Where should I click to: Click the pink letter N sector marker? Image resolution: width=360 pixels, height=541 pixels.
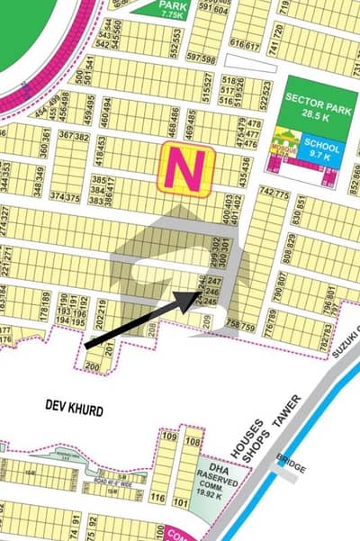click(x=185, y=168)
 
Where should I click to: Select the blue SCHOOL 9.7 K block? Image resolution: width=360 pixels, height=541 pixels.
click(x=321, y=149)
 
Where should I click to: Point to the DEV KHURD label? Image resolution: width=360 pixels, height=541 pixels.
click(x=74, y=410)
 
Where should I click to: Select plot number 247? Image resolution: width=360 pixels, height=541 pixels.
click(x=213, y=283)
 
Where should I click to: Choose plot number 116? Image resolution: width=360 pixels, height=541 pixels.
click(x=158, y=498)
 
